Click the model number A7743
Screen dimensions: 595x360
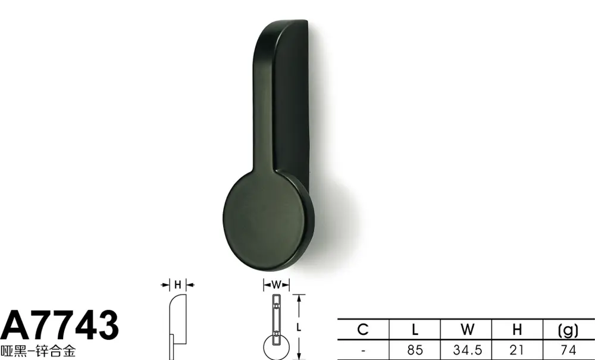(x=59, y=325)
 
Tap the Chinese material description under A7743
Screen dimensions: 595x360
(x=38, y=351)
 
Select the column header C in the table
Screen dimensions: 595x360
(x=363, y=329)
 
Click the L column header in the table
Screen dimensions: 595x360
(x=415, y=329)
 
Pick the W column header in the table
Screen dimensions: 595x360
(x=467, y=329)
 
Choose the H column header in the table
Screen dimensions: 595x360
(x=517, y=329)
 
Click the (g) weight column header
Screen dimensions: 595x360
(x=568, y=330)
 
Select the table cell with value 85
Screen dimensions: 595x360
(x=415, y=350)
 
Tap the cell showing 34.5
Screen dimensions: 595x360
(x=467, y=350)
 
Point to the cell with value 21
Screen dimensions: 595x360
(x=517, y=350)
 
